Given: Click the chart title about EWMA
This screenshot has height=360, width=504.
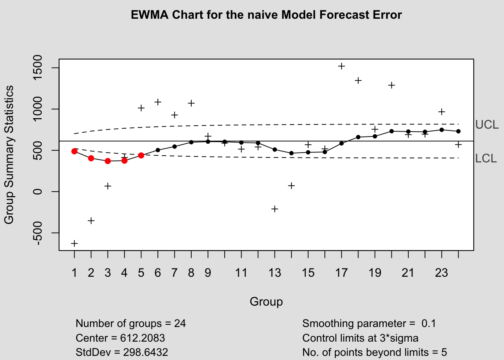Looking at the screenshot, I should point(266,15).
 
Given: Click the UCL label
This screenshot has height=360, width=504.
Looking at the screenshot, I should point(487,125).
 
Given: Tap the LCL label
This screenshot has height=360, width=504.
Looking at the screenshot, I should point(486,159).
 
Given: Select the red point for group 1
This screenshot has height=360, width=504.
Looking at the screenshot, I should point(74,151).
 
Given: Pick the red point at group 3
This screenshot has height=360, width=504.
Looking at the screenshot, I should point(108,161).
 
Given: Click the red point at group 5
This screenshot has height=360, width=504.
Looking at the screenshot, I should point(141,155).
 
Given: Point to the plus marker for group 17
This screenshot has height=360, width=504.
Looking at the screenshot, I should point(342,66).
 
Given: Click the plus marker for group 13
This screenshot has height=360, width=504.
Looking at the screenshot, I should point(275,209).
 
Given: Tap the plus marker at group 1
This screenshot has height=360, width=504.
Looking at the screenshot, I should point(74,243).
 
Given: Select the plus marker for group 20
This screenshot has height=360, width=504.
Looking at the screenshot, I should point(391,85).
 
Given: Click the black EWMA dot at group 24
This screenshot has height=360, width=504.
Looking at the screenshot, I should point(458,131).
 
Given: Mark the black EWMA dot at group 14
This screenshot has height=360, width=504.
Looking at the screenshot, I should point(291,153).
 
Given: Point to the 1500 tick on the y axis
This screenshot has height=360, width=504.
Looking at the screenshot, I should point(37,68).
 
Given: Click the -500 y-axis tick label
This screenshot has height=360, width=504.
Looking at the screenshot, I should point(37,233).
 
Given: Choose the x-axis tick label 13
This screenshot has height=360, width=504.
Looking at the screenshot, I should point(275,273).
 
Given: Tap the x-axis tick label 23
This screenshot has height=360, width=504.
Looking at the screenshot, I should point(441,273).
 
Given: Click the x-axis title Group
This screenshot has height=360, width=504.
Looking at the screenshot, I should point(266,302).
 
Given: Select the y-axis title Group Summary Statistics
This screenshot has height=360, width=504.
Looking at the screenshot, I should point(9,155).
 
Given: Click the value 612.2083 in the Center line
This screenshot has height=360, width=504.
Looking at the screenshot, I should point(142,338).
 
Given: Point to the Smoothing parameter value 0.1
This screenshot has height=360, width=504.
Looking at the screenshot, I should point(428,324).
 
